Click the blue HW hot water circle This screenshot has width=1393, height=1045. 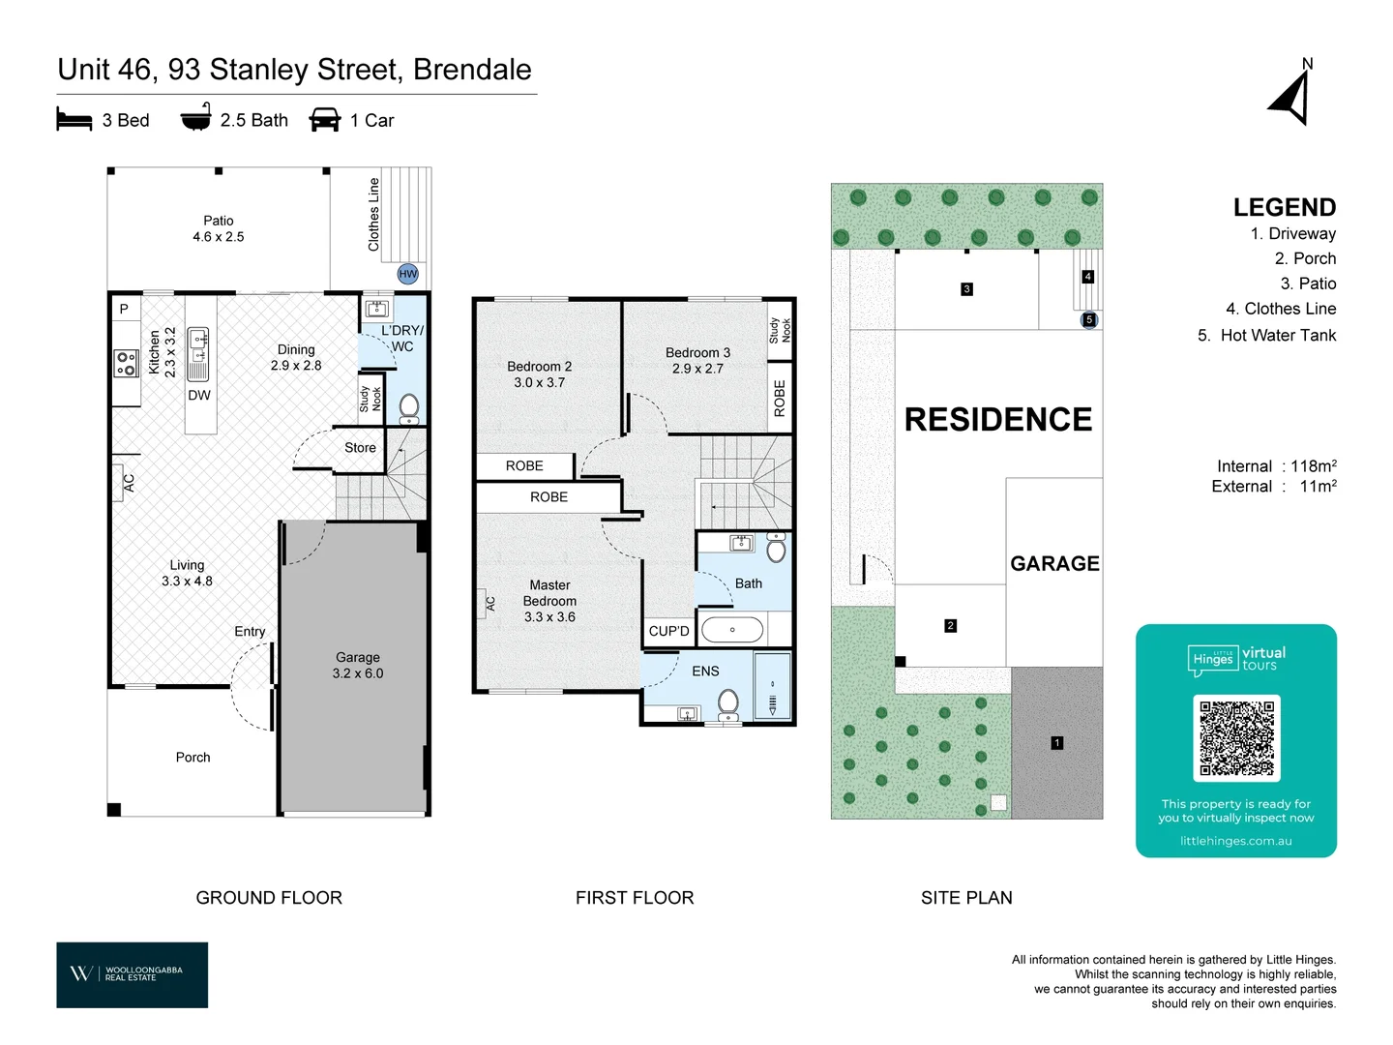[407, 274]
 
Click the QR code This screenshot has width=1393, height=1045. [1235, 738]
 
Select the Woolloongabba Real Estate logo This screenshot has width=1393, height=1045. [132, 974]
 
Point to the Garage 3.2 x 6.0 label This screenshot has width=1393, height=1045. [358, 665]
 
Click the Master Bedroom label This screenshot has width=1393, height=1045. [549, 600]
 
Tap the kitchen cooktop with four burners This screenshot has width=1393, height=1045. [126, 364]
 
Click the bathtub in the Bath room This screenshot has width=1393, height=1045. [732, 629]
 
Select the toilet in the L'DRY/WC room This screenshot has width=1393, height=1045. [409, 408]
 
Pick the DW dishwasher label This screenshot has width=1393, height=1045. [198, 396]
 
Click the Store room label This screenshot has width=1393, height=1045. [360, 447]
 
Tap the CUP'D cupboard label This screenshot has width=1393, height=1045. [668, 631]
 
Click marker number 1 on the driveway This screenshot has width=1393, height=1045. [1056, 742]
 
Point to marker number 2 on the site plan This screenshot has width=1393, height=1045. [950, 626]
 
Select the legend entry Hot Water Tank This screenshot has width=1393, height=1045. [1266, 335]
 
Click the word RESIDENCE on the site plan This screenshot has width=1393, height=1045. [997, 419]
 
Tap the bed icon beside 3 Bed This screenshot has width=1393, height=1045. [74, 119]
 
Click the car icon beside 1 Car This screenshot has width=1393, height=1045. [325, 119]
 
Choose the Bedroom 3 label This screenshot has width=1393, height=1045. [697, 360]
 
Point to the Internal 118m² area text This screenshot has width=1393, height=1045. [1276, 466]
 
